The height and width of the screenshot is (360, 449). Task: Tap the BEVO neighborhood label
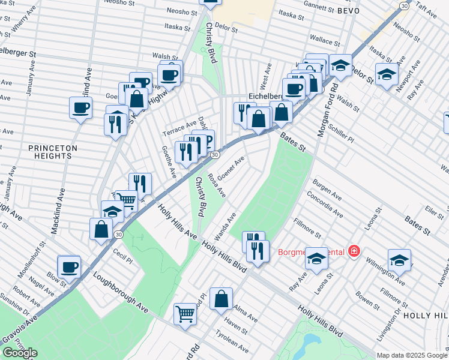[x=348, y=11]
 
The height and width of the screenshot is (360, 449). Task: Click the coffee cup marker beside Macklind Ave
[x=80, y=108]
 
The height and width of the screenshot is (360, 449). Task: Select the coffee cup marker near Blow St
[x=69, y=266]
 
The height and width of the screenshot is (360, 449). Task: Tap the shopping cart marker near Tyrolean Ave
[x=185, y=313]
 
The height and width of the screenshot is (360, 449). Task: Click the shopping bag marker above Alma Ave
[x=221, y=298]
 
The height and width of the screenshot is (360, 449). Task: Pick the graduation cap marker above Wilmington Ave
[x=399, y=260]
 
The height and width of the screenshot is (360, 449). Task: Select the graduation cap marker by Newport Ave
[x=387, y=74]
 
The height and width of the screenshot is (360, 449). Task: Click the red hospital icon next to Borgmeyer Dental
[x=354, y=250]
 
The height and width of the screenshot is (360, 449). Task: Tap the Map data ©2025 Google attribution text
[x=412, y=355]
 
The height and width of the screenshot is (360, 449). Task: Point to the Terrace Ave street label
[x=179, y=127]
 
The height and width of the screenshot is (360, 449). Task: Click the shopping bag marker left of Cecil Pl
[x=101, y=229]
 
